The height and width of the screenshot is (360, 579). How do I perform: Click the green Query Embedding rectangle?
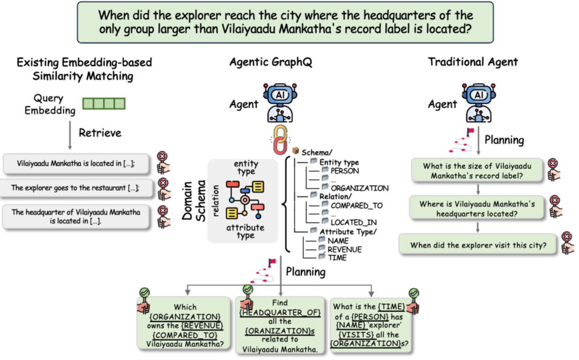(103, 104)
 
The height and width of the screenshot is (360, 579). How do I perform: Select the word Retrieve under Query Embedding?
(100, 132)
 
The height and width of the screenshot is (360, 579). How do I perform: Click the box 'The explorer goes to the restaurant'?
(76, 188)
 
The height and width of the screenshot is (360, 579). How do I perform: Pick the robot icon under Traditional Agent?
(478, 103)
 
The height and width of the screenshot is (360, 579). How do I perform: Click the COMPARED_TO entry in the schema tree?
(357, 205)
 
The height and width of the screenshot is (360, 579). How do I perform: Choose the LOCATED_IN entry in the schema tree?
(354, 222)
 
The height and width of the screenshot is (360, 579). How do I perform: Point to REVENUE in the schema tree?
(344, 249)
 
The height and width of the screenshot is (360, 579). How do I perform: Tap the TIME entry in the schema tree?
(337, 258)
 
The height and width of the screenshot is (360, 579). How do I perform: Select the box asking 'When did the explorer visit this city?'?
(478, 245)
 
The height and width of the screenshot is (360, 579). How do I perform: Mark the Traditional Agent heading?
(473, 62)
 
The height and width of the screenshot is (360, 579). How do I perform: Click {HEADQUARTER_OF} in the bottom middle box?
(280, 312)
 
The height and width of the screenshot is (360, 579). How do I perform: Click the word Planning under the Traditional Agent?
(504, 140)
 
